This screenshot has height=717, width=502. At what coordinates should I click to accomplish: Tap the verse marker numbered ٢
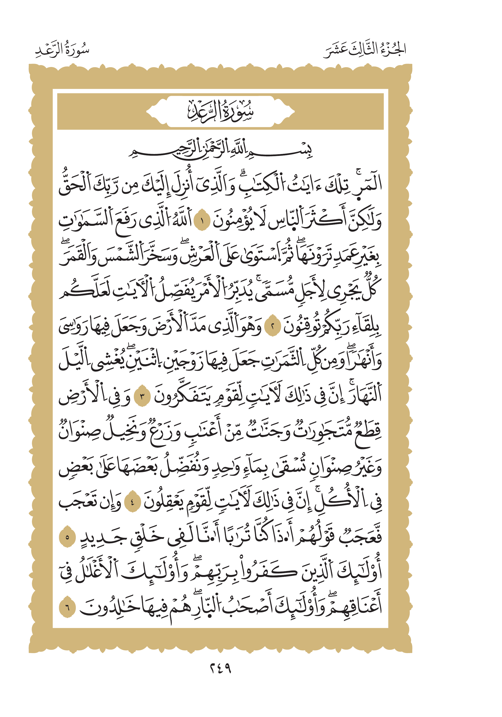click(x=272, y=327)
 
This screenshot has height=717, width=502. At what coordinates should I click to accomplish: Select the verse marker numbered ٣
click(x=142, y=397)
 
